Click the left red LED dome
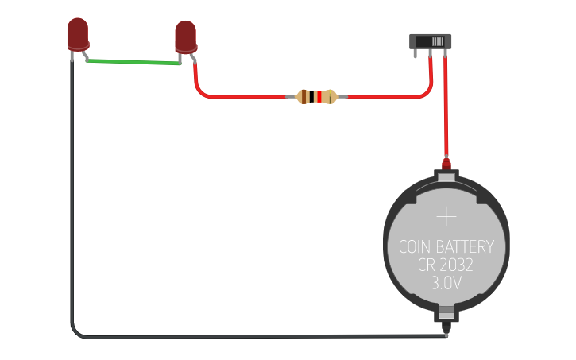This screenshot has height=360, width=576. point(78,33)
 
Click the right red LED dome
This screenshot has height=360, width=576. point(185,36)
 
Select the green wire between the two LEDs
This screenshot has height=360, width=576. point(131,62)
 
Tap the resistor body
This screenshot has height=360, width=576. point(316,97)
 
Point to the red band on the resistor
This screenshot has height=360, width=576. point(319,97)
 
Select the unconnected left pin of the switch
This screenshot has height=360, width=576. point(415,52)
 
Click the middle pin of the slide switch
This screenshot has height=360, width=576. point(430,54)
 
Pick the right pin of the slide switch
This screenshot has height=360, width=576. point(445,54)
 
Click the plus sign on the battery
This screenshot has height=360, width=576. point(446,216)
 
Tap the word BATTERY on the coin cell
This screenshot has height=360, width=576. point(467,246)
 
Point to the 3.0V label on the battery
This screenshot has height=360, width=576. point(446,282)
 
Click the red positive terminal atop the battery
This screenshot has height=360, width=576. point(446,165)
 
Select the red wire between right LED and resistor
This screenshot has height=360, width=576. point(238,97)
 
